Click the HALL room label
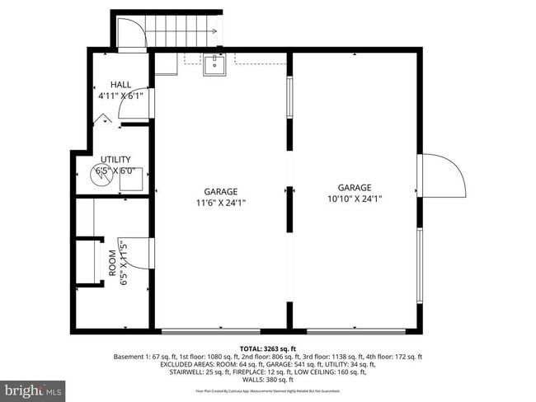click(x=121, y=85)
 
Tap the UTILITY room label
click(x=115, y=160)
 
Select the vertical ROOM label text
click(x=112, y=263)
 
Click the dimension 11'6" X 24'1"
click(x=220, y=202)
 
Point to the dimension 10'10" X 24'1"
click(x=354, y=198)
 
